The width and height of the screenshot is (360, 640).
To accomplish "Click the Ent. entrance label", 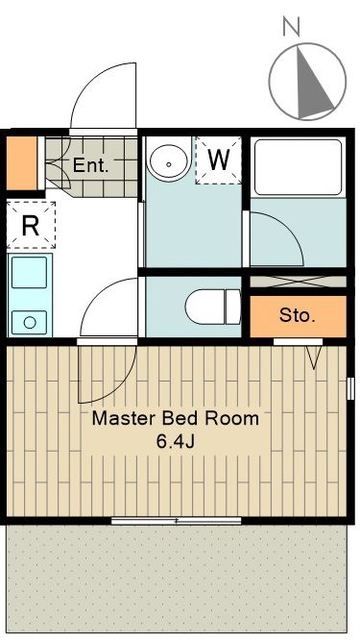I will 91,165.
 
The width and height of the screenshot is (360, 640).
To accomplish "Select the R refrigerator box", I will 31,226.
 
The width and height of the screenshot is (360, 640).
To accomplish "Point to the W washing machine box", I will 219,158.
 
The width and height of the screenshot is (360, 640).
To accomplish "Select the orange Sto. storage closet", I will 297,316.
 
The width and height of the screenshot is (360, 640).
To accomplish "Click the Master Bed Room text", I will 175,419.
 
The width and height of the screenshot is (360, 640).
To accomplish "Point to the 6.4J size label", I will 175,440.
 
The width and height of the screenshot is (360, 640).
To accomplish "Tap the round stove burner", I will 31,322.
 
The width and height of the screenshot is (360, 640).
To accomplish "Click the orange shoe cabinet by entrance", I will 22,164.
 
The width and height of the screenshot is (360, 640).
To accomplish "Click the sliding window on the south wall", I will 176,520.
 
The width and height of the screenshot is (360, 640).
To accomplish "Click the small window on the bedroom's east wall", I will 351,385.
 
